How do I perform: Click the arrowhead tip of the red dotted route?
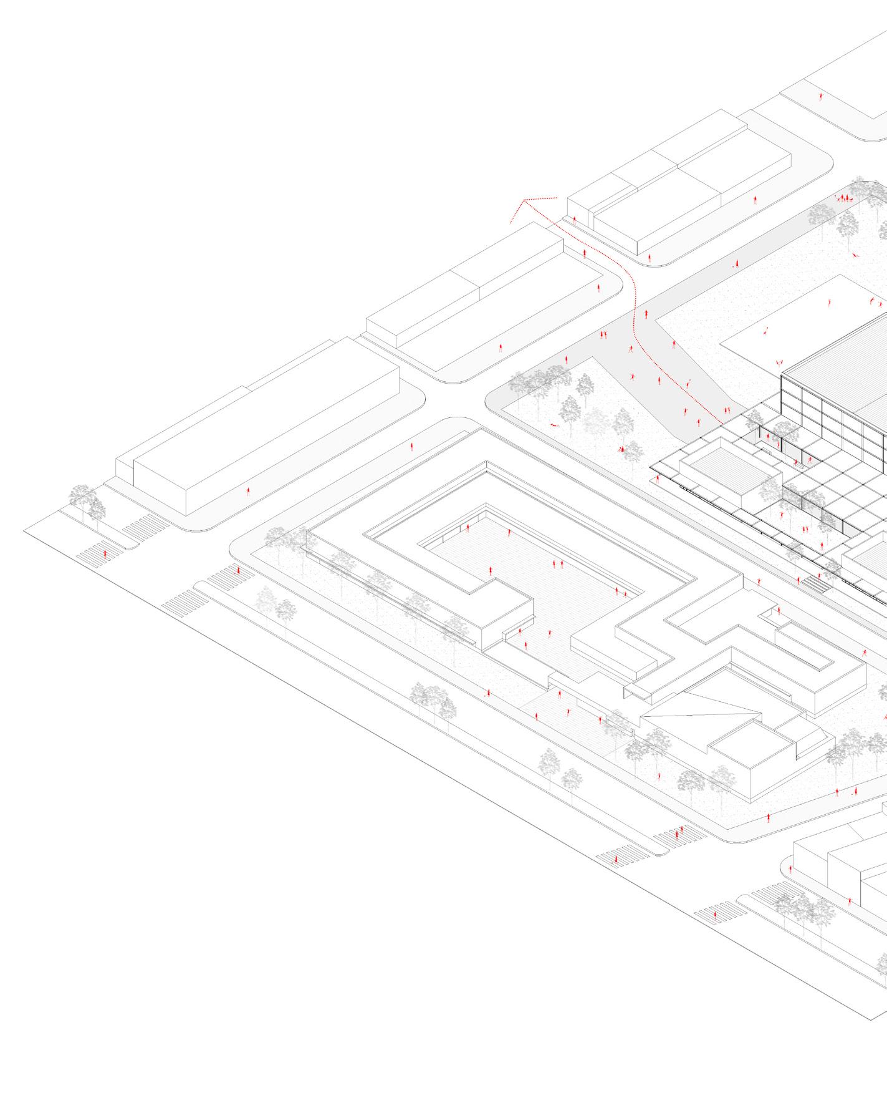pyautogui.click(x=524, y=200)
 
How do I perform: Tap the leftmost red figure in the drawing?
pyautogui.click(x=105, y=554)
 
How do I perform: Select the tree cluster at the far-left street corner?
pyautogui.click(x=87, y=502)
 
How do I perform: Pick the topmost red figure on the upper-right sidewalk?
pyautogui.click(x=821, y=97)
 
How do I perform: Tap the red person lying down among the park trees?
pyautogui.click(x=554, y=425)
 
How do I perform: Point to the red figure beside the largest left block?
pyautogui.click(x=249, y=492)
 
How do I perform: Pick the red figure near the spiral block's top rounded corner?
pyautogui.click(x=411, y=447)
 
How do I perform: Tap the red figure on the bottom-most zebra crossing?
pyautogui.click(x=615, y=860)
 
